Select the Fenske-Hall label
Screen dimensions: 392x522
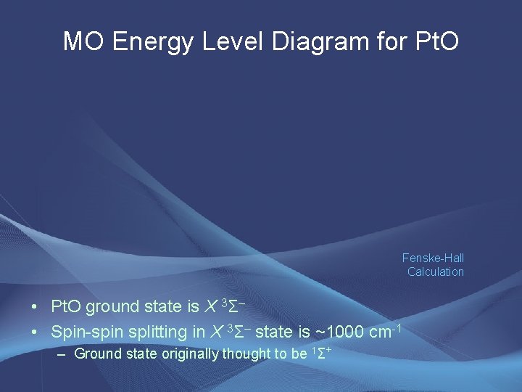tap(433, 258)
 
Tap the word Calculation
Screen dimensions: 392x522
tap(435, 271)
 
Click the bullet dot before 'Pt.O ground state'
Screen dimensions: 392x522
tap(35, 307)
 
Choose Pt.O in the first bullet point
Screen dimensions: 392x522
tap(67, 307)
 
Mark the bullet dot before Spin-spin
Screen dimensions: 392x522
tap(35, 332)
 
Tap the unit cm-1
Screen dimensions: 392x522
tap(387, 331)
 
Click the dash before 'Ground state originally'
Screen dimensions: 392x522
tap(61, 354)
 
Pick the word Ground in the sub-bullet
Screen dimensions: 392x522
tap(95, 354)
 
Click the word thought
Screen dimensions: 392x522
tap(244, 354)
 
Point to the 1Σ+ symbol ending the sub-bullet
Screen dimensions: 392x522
tap(321, 354)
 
